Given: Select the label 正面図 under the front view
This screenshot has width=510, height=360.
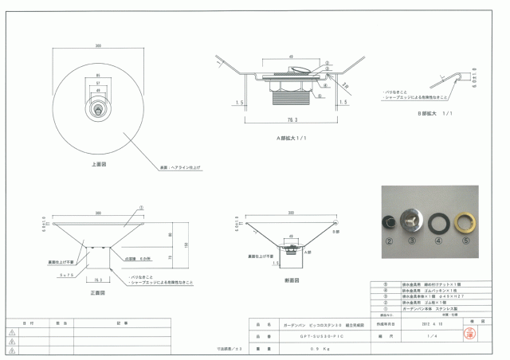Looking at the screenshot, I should (x=98, y=293).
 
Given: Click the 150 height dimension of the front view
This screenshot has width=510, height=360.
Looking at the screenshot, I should (x=186, y=244).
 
